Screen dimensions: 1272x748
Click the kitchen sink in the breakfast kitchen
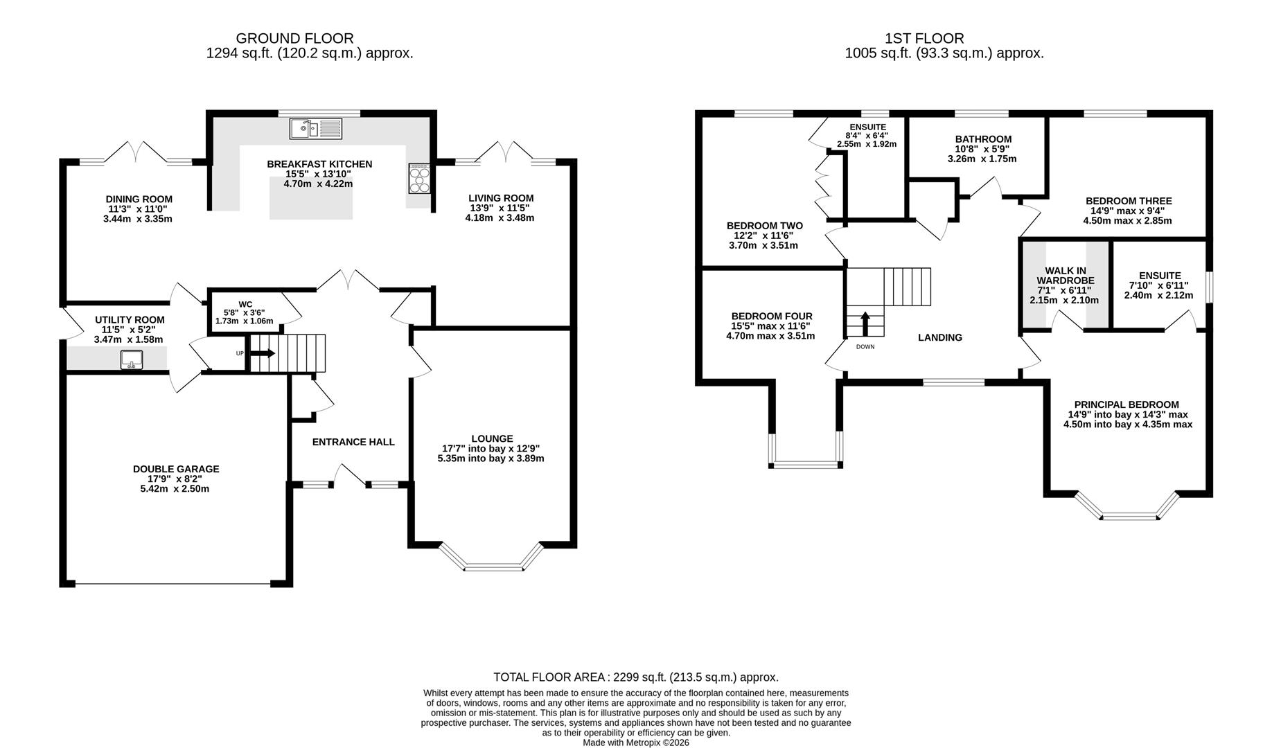click(x=316, y=128)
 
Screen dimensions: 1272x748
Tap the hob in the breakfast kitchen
click(x=420, y=178)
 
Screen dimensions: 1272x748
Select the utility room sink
click(x=132, y=359)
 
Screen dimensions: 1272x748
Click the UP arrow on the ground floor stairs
click(x=263, y=353)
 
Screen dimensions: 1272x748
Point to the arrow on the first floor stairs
click(x=865, y=323)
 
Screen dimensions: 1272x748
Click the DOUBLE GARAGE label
click(x=176, y=469)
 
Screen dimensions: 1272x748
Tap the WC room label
click(x=245, y=304)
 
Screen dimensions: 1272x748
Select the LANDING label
click(x=940, y=337)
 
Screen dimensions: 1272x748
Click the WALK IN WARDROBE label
click(x=1066, y=275)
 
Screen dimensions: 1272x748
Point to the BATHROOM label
click(x=983, y=139)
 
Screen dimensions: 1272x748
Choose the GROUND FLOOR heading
click(x=295, y=39)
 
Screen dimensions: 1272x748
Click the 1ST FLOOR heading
click(x=924, y=39)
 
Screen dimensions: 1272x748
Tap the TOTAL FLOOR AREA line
click(x=636, y=677)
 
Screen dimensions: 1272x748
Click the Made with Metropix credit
click(x=636, y=742)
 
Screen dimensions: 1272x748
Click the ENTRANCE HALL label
click(x=353, y=442)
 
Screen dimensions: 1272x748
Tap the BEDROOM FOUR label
click(x=772, y=317)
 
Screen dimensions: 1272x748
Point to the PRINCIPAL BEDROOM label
click(x=1127, y=404)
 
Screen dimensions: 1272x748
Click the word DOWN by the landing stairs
click(x=865, y=346)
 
